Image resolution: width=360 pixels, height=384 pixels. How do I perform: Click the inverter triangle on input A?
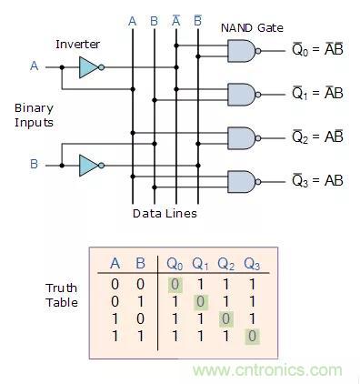click(x=88, y=67)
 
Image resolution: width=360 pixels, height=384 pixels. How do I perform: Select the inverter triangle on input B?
click(x=88, y=166)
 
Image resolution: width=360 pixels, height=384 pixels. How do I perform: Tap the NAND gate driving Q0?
click(x=242, y=51)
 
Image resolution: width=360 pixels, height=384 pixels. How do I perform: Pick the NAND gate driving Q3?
click(x=242, y=182)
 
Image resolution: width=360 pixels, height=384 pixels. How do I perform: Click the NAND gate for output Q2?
click(x=242, y=138)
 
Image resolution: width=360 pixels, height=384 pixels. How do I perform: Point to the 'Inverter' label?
click(x=77, y=45)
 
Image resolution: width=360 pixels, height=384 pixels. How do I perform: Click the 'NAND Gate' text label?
click(x=252, y=28)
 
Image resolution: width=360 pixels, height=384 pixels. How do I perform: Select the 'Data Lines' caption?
click(x=165, y=214)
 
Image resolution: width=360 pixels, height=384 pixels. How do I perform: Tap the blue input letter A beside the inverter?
click(x=35, y=66)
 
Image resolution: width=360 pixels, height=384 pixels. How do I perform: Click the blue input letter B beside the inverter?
click(x=34, y=164)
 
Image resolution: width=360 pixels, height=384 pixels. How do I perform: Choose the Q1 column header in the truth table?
click(x=200, y=264)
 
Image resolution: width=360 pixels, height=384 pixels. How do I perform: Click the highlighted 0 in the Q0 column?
click(x=175, y=285)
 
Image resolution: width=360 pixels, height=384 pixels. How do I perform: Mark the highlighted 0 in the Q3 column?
click(x=252, y=337)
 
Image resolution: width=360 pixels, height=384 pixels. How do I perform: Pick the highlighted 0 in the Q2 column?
click(x=226, y=319)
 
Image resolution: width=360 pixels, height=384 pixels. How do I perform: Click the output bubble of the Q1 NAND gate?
click(x=258, y=95)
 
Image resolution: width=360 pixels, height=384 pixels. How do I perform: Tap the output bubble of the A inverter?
click(x=102, y=67)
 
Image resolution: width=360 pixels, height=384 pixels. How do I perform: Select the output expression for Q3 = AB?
click(x=317, y=181)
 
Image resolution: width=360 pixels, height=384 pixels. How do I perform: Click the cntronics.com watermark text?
click(x=267, y=370)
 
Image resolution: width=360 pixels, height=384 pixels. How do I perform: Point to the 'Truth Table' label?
click(x=62, y=295)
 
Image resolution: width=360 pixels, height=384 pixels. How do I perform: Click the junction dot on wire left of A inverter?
click(x=62, y=67)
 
